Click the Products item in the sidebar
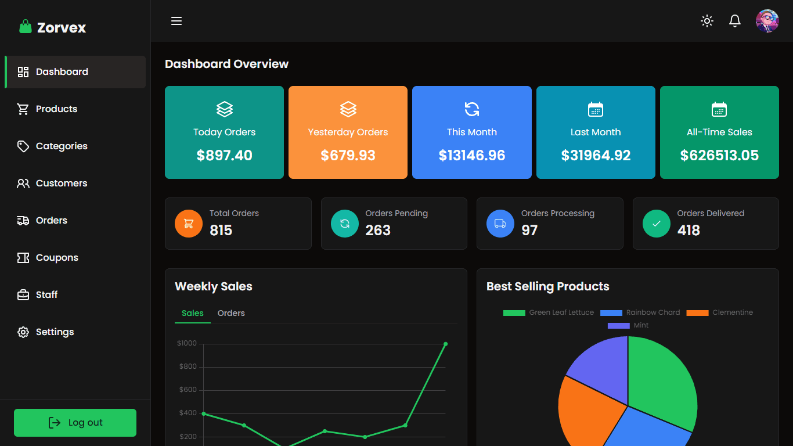click(56, 109)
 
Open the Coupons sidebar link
click(57, 258)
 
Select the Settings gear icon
click(23, 332)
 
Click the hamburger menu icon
click(176, 21)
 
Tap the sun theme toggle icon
click(707, 21)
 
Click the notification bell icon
click(735, 21)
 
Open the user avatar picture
click(767, 21)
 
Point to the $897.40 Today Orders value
click(225, 156)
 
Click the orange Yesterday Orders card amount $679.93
click(348, 156)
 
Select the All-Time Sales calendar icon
click(719, 109)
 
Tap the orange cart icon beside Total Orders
click(189, 224)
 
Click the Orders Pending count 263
click(378, 231)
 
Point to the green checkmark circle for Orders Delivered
click(657, 224)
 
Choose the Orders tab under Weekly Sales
click(231, 313)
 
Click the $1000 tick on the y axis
click(187, 343)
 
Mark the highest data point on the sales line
click(445, 344)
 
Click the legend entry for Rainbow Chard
click(640, 312)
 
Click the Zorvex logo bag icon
click(25, 27)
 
